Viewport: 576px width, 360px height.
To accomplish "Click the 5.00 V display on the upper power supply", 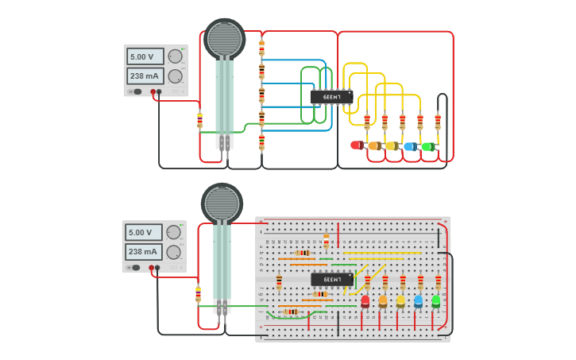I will [x=145, y=56].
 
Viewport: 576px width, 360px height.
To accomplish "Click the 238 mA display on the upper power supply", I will [x=145, y=76].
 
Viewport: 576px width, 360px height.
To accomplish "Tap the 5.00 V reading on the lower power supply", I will [x=143, y=233].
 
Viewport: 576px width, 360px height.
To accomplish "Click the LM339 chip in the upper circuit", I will [x=331, y=97].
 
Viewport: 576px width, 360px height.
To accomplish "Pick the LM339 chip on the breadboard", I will [x=331, y=280].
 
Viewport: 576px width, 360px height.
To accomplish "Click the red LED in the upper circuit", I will [x=356, y=145].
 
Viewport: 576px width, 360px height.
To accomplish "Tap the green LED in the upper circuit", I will [x=427, y=146].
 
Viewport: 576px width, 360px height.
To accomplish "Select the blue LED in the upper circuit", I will [x=409, y=146].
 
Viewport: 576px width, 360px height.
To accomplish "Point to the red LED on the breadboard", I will [x=365, y=301].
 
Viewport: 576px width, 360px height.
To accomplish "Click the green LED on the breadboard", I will [x=435, y=301].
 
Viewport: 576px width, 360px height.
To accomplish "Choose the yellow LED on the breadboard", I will [x=400, y=301].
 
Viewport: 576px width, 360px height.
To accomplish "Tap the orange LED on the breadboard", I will [x=383, y=301].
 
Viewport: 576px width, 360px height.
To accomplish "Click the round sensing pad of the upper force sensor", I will [x=224, y=38].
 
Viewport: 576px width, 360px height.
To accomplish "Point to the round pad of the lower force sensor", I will [x=222, y=203].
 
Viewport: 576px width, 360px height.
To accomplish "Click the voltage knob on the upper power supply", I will [x=176, y=56].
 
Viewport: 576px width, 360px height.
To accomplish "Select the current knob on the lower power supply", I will [x=173, y=253].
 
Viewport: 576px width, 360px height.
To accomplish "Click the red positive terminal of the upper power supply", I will [x=153, y=91].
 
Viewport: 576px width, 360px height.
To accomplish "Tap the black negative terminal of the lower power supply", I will [x=157, y=268].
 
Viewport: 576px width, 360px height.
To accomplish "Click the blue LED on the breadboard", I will [x=418, y=301].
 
